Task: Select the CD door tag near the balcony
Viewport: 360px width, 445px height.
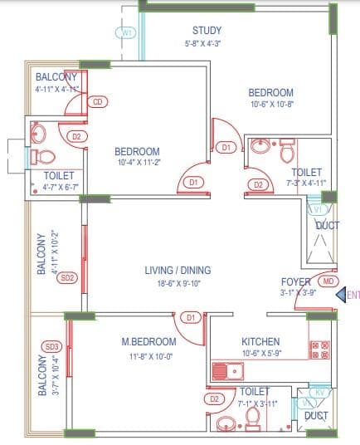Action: coord(97,102)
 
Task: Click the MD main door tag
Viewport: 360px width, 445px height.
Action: coord(328,281)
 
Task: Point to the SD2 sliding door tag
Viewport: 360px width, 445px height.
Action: coord(68,277)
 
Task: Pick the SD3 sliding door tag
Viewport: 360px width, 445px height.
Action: coord(53,346)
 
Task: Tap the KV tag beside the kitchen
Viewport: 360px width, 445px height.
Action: coord(319,391)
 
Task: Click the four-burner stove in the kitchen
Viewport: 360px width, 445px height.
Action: coord(319,350)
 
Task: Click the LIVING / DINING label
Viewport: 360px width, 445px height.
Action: coord(178,270)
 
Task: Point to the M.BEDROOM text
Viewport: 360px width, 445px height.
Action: coord(148,342)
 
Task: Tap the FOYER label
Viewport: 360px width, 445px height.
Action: coord(295,281)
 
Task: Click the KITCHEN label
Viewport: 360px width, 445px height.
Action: coord(260,342)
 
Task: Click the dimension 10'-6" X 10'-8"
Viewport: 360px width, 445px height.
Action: coord(271,105)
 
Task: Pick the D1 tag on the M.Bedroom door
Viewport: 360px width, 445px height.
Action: coord(190,317)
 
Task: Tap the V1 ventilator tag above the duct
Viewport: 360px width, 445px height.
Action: coord(317,210)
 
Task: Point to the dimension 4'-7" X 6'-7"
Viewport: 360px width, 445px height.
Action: coord(59,188)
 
